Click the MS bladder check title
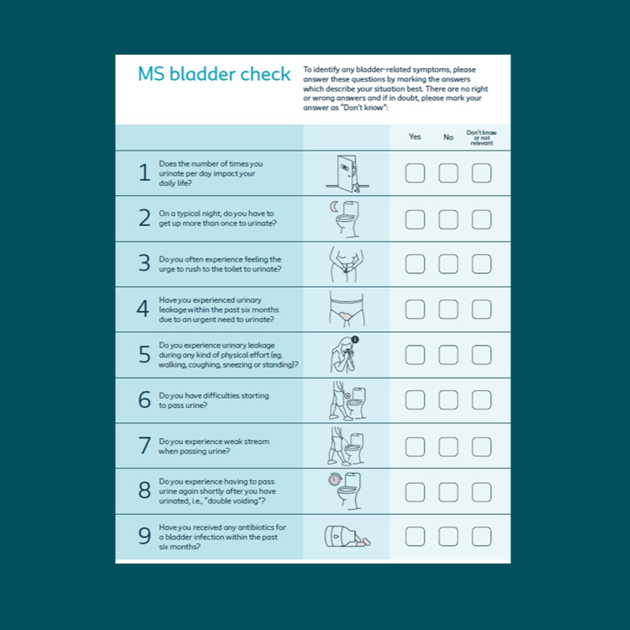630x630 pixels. click(214, 74)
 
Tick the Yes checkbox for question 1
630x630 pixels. click(415, 173)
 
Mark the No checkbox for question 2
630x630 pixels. click(448, 219)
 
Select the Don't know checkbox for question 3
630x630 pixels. click(481, 264)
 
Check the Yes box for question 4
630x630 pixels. click(415, 310)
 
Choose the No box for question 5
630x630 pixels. click(448, 355)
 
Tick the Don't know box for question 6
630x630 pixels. click(481, 401)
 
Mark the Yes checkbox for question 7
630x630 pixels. click(415, 447)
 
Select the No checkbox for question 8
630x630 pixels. click(448, 492)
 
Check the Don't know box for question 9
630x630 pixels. click(481, 537)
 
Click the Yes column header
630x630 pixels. click(415, 137)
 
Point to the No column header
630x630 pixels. click(448, 137)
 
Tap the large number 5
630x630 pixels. click(144, 355)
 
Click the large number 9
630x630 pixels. click(144, 536)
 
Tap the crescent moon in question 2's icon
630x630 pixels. click(334, 207)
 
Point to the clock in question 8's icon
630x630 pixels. click(334, 479)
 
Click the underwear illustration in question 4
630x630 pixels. click(346, 310)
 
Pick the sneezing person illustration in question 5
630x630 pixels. click(344, 355)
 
